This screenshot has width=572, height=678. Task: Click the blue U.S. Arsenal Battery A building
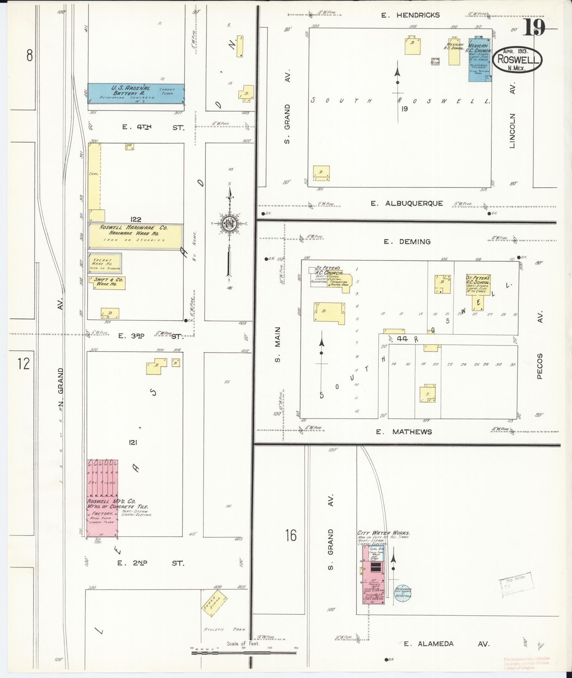[x=136, y=93]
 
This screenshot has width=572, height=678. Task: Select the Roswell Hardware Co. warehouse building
[x=135, y=236]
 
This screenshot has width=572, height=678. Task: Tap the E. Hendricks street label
[x=410, y=15]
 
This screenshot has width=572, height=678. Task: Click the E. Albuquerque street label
[x=407, y=203]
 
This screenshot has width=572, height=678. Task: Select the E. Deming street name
[x=407, y=242]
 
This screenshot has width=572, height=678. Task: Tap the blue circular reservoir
[x=402, y=593]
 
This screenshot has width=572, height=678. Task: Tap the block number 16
[x=291, y=536]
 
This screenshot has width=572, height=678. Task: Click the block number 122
[x=135, y=220]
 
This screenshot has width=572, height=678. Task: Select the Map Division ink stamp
[x=516, y=582]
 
